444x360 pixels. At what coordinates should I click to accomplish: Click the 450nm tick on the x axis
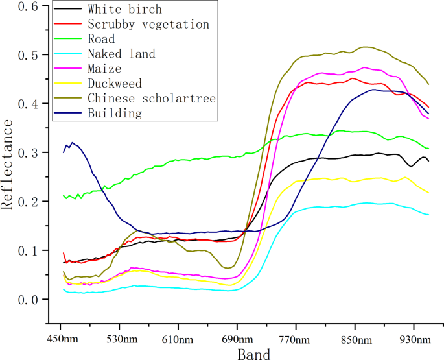pyautogui.click(x=60, y=339)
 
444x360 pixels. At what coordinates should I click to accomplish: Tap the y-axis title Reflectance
pyautogui.click(x=8, y=168)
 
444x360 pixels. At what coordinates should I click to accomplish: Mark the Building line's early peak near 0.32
pyautogui.click(x=72, y=143)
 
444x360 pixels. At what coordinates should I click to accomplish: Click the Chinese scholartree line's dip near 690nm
pyautogui.click(x=229, y=267)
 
